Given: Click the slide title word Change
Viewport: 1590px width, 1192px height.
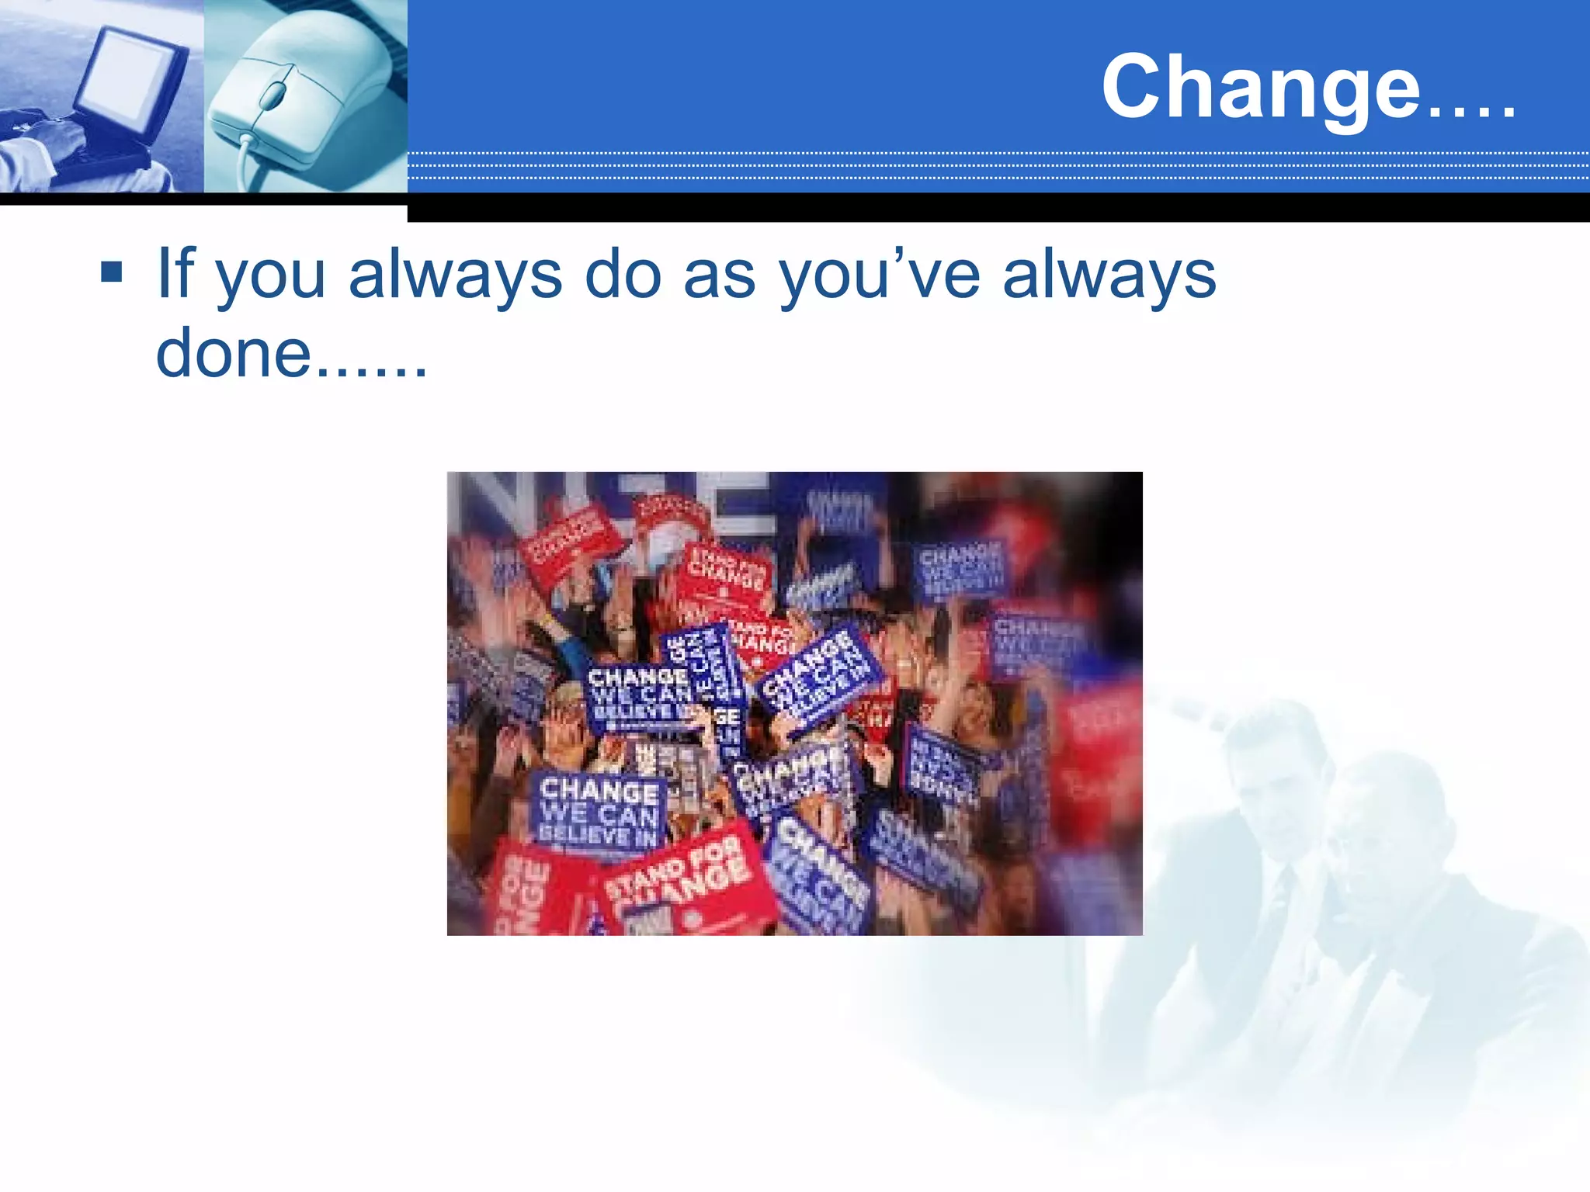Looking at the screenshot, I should tap(1261, 87).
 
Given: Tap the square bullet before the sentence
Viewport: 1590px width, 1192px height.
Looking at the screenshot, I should tap(112, 272).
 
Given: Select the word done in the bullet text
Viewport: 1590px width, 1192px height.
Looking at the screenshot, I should tap(233, 353).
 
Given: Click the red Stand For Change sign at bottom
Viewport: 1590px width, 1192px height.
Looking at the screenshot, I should tap(683, 881).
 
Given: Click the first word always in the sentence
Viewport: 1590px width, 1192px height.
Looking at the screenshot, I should tap(455, 275).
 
